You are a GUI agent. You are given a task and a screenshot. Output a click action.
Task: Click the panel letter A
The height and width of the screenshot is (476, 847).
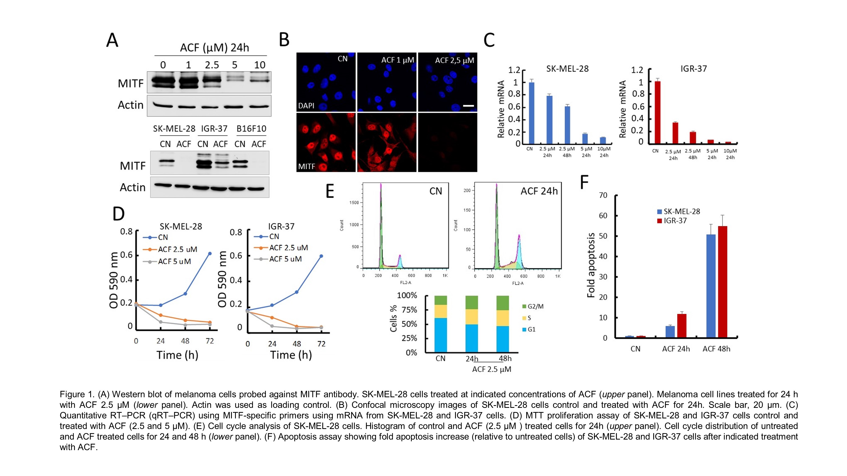(x=112, y=41)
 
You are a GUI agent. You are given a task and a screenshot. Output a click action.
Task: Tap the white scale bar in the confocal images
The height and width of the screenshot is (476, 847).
(x=468, y=106)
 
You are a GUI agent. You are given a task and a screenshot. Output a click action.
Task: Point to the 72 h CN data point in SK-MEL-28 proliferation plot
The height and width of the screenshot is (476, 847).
(x=210, y=254)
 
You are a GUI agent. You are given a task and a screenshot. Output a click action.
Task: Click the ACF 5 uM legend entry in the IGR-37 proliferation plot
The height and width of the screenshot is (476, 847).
(x=285, y=259)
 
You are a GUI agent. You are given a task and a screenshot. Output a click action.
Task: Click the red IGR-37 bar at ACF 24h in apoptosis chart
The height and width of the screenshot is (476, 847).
(x=682, y=326)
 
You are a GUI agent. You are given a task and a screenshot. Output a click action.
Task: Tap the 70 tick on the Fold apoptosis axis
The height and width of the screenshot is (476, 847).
(x=603, y=195)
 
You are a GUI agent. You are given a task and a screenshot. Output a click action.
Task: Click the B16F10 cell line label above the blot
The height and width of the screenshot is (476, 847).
(x=251, y=129)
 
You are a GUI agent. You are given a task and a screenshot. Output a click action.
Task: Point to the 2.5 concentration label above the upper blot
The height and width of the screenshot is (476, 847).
(x=212, y=65)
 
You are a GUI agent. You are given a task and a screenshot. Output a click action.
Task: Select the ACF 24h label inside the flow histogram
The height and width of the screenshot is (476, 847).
(x=539, y=191)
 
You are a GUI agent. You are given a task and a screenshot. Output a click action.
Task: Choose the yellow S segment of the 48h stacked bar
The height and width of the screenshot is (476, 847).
(x=502, y=318)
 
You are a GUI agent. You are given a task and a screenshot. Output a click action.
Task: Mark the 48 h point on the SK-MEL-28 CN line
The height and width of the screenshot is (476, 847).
(x=185, y=294)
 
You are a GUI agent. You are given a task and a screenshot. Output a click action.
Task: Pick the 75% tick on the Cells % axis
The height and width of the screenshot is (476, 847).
(x=409, y=310)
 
